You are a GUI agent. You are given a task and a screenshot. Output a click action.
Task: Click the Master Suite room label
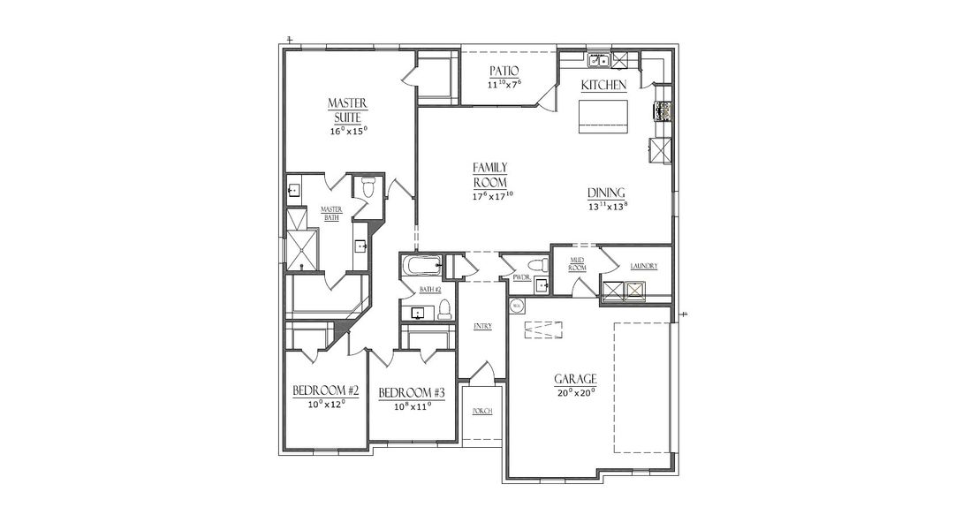point(348,110)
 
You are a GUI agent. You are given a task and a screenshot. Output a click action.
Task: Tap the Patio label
point(504,71)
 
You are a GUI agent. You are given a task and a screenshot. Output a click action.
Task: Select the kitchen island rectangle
point(603,116)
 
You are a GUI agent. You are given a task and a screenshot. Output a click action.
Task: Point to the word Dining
point(607,193)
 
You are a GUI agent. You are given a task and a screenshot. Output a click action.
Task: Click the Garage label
point(575,379)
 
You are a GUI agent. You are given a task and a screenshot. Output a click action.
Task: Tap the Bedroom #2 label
point(325,391)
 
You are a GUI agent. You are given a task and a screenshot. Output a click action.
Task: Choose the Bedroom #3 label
point(412,392)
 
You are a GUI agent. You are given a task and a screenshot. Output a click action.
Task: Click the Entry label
point(482,326)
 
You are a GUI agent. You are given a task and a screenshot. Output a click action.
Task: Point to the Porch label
point(481,412)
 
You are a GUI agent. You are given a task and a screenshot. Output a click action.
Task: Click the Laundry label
point(644,266)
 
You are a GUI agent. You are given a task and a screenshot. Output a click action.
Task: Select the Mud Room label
point(578,262)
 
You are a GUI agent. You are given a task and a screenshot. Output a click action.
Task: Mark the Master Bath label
point(330,213)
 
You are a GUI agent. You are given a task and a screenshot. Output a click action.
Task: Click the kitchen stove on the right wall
point(662,111)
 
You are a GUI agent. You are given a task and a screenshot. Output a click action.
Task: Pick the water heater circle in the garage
point(517,306)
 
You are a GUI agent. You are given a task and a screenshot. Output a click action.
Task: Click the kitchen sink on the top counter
point(601,61)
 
